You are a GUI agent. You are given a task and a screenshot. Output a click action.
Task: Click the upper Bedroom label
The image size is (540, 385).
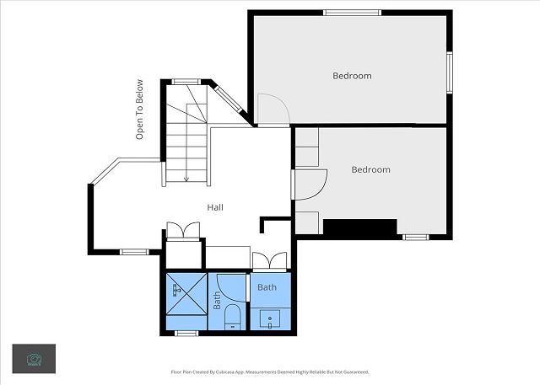[x=352, y=76]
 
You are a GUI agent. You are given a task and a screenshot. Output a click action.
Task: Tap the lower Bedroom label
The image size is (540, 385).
[x=371, y=170]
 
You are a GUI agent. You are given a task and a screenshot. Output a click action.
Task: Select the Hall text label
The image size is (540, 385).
[x=215, y=207]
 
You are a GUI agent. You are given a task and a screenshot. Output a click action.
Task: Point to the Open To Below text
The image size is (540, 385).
[x=139, y=110]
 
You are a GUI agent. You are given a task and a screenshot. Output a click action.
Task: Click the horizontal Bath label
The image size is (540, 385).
[x=267, y=287]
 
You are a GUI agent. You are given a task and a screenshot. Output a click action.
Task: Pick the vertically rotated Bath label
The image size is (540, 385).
[x=217, y=301]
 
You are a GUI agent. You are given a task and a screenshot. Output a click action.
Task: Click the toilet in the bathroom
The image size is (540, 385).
[x=233, y=317]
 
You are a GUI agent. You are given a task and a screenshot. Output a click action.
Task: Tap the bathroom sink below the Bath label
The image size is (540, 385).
[x=270, y=319]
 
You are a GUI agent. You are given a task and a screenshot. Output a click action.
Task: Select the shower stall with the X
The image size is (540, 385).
[x=186, y=293]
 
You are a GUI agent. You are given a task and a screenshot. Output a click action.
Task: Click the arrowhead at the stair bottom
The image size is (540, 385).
[x=186, y=179]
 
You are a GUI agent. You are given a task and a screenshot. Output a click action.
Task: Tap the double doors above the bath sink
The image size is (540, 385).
[x=270, y=260]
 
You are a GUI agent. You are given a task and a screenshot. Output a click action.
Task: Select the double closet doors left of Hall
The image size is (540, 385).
[x=183, y=230]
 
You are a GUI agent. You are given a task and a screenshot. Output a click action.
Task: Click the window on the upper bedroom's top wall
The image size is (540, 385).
[x=353, y=13]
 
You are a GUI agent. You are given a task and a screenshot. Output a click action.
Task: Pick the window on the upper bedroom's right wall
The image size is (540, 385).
[x=450, y=72]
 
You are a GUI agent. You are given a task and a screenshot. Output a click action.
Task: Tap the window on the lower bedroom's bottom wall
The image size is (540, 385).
[x=416, y=238]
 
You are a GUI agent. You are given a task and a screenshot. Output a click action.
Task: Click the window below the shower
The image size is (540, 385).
[x=186, y=333]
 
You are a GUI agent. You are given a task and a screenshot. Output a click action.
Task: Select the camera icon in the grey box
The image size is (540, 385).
[x=34, y=359]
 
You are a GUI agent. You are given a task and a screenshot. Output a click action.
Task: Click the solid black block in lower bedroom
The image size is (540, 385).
[x=360, y=227]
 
